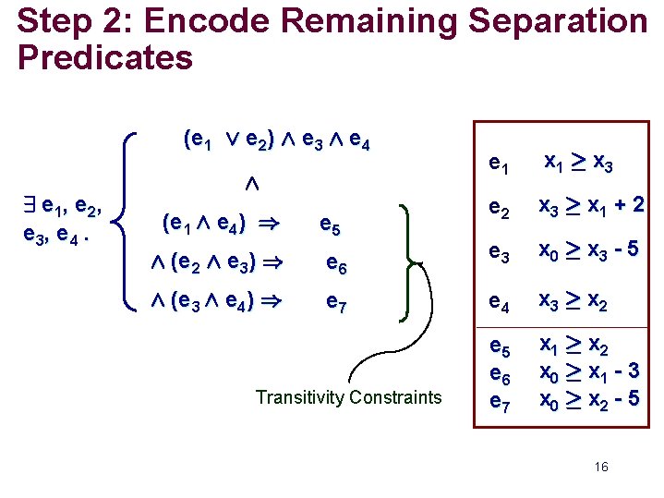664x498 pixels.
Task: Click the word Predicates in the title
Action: click(104, 58)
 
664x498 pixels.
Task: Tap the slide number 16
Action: click(601, 468)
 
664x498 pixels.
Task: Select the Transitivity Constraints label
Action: click(349, 397)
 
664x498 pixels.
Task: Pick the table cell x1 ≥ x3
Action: click(578, 163)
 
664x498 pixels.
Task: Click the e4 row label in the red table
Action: click(499, 302)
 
